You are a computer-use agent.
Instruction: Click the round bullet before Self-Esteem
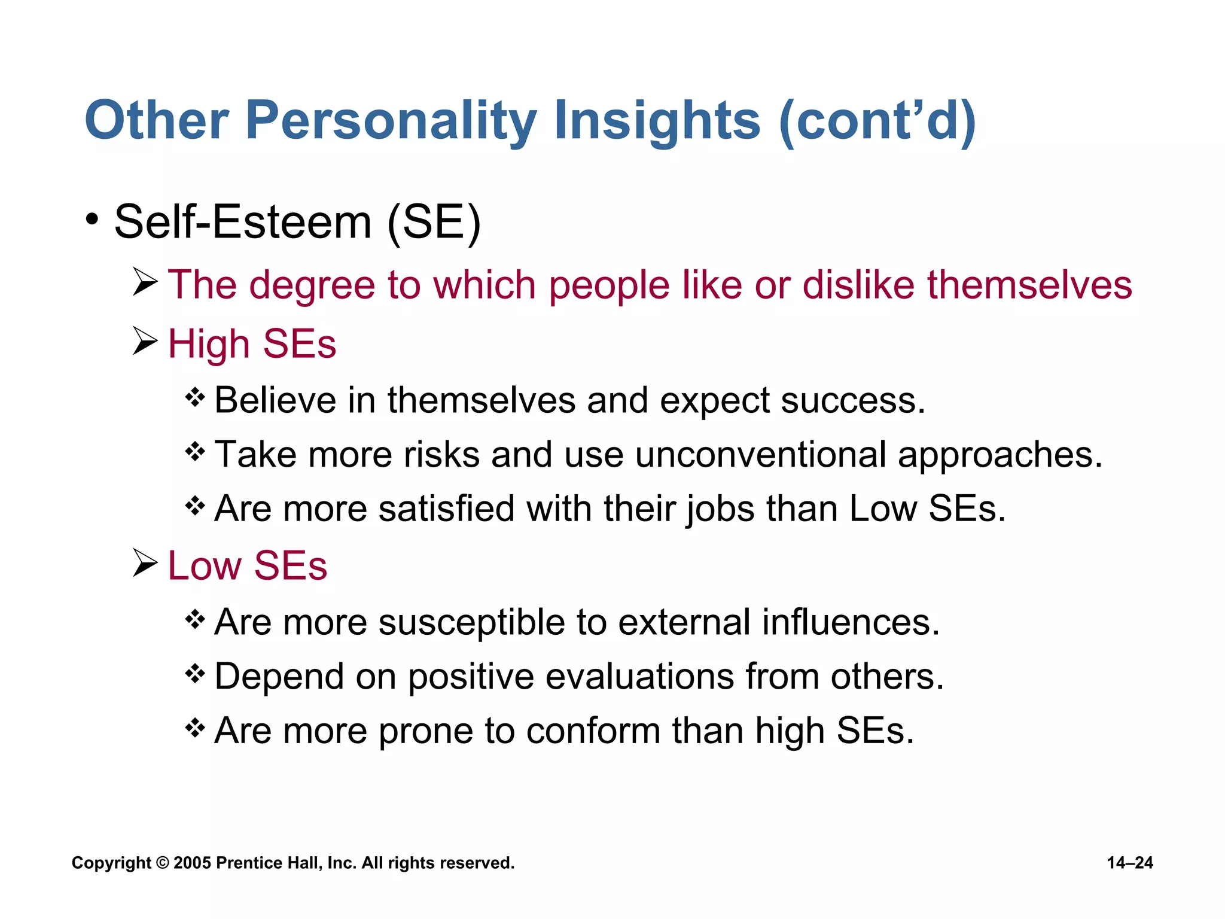click(92, 220)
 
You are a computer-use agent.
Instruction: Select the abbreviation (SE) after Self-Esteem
click(434, 222)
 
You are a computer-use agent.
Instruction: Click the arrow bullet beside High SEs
click(145, 341)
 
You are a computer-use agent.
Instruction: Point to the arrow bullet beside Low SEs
click(145, 563)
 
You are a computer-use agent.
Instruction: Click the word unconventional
click(760, 454)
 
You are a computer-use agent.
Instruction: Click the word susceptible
click(472, 622)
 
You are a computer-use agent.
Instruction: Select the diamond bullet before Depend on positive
click(195, 674)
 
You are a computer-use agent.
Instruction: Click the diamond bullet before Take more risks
click(195, 452)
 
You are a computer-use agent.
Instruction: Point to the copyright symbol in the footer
click(162, 863)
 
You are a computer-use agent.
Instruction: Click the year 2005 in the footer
click(192, 863)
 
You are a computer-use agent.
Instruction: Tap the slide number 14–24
click(1129, 863)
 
